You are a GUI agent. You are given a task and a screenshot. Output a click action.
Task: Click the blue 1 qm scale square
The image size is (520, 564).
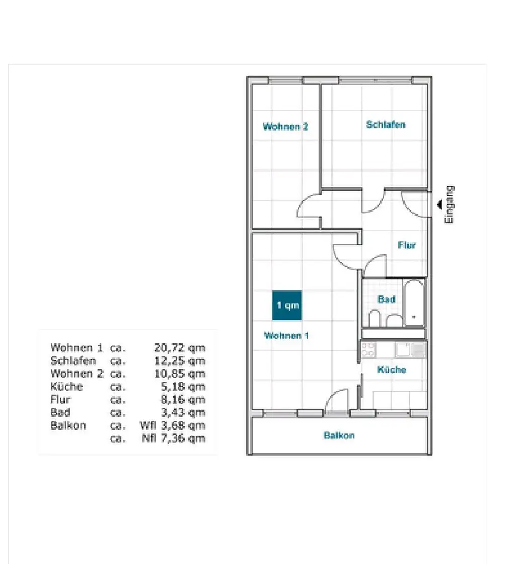pos(287,305)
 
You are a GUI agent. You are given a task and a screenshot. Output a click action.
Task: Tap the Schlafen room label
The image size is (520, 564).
pos(386,124)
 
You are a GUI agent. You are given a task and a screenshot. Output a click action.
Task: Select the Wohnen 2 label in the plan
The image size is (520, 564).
pos(285,127)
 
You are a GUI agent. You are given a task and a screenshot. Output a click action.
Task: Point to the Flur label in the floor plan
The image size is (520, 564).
pos(407,245)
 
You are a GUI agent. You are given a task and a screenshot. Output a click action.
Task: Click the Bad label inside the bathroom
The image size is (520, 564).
pos(386,299)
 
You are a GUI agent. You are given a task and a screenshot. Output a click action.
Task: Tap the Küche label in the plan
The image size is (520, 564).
pos(392,370)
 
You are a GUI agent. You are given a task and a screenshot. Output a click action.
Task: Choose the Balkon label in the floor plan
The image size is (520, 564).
pos(339,435)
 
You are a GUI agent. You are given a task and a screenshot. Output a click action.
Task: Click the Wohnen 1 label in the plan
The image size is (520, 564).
pos(286,336)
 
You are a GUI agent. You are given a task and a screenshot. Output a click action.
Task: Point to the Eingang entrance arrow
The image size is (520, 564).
pos(440,204)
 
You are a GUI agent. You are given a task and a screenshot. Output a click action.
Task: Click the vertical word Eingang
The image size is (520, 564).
pos(449,205)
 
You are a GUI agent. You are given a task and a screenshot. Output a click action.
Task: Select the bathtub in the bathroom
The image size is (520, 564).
pos(414,303)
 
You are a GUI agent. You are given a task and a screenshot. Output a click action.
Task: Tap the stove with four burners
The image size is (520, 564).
pos(368,350)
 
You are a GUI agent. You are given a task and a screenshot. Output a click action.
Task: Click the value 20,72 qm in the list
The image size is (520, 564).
pos(180,348)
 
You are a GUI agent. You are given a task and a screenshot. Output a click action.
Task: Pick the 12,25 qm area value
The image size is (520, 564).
pos(180,361)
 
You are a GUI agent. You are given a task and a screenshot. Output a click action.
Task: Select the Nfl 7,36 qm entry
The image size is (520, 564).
pos(174,438)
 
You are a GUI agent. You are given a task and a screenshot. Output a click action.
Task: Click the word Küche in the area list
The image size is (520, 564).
pos(66,387)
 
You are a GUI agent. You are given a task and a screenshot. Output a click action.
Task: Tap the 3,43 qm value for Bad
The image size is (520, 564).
pos(183,413)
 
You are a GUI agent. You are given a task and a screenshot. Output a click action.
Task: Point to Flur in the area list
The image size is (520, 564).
pos(60,400)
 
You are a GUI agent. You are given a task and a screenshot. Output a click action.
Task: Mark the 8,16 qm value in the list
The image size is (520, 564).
pos(183,400)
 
